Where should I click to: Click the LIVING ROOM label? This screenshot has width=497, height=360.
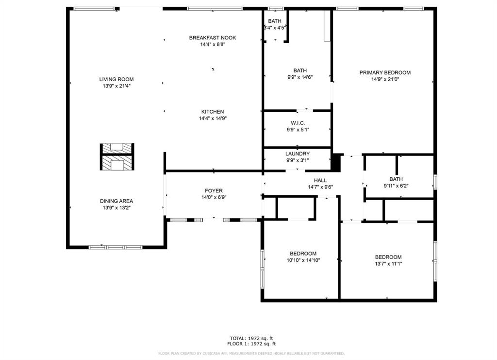coord(116,79)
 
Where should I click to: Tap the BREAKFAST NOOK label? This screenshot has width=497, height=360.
coord(213,38)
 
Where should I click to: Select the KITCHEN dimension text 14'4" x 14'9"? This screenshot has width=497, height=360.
coord(213,119)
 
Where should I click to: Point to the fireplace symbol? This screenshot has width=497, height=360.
coord(117,157)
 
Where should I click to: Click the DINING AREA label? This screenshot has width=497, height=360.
coord(116,201)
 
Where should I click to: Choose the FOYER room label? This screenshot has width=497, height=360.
coord(214,190)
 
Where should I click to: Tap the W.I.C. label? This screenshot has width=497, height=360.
coord(298,123)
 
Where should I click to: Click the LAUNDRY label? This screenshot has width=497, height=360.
coord(298,154)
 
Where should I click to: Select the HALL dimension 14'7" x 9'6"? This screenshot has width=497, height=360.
coord(320,187)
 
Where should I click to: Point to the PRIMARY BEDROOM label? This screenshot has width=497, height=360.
coord(385,73)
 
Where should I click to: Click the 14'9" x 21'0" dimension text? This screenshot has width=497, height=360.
coord(385,79)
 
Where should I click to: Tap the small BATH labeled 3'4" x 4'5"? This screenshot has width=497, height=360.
coord(275,21)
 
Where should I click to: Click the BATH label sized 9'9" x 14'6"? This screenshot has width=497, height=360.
coord(300,70)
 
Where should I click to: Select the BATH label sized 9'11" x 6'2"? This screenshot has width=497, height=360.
coord(396,179)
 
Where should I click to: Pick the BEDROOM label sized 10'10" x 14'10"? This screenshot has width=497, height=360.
coord(303,254)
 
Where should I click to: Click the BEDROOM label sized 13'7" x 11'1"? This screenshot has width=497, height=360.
coord(388,257)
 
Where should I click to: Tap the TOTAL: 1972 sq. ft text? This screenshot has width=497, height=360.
coord(251,339)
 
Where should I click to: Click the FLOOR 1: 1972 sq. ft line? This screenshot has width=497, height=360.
coord(251,343)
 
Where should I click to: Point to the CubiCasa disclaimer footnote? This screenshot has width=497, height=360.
coord(251,353)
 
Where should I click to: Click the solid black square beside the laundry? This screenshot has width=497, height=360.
coord(336,162)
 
